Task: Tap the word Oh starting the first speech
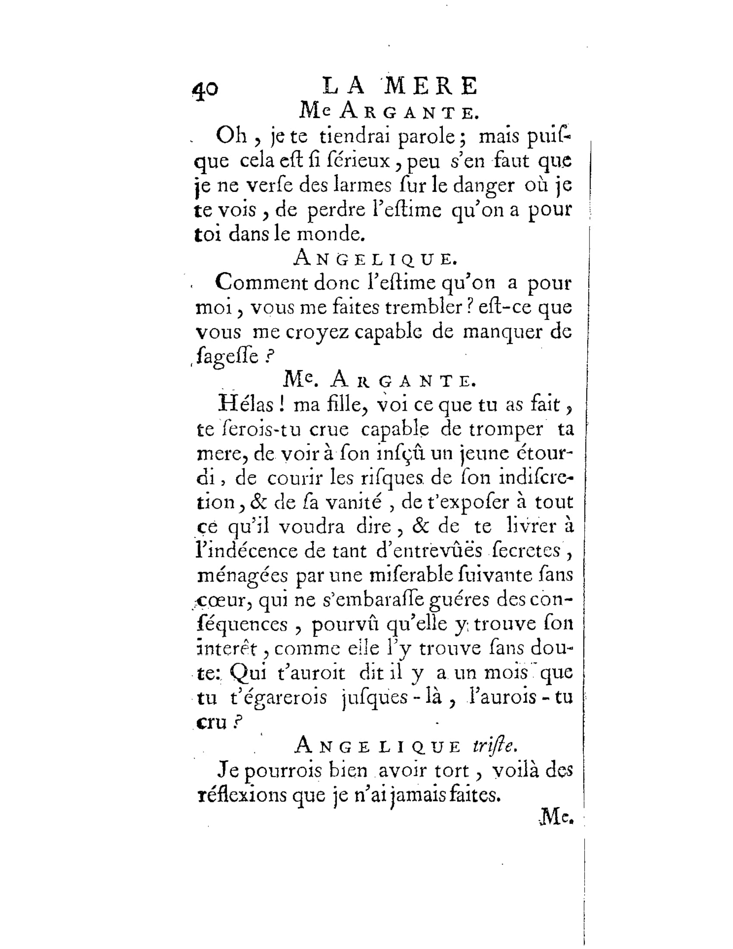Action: click(x=231, y=137)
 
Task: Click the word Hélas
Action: click(x=246, y=405)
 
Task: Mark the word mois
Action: click(x=505, y=673)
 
